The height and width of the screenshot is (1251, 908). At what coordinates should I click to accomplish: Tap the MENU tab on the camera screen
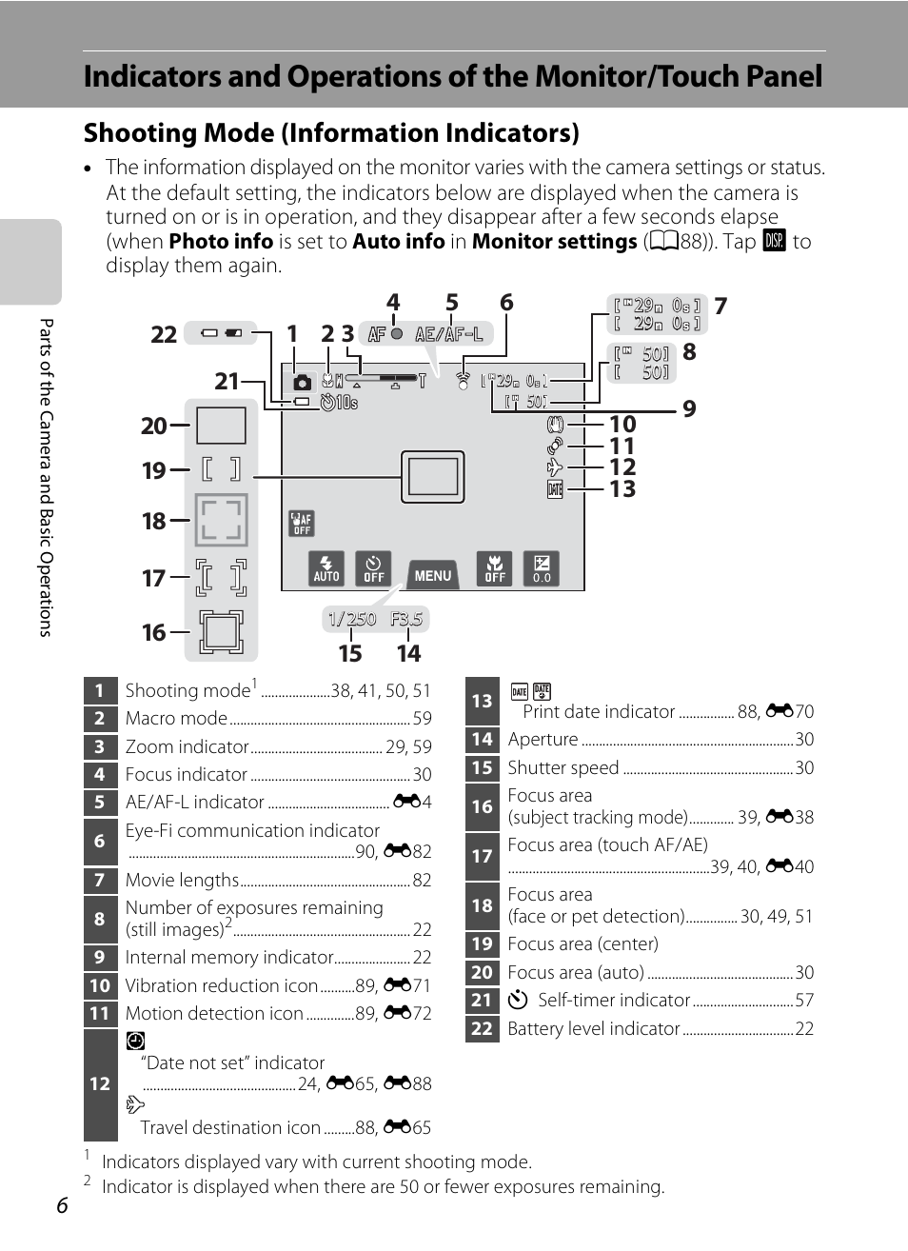pyautogui.click(x=433, y=575)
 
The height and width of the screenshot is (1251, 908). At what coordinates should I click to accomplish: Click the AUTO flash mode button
pyautogui.click(x=326, y=568)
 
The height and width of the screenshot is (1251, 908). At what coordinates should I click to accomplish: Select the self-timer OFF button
pyautogui.click(x=374, y=568)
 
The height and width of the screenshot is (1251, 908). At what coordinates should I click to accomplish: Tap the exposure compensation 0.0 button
pyautogui.click(x=542, y=568)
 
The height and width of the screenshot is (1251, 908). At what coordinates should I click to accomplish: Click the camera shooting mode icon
pyautogui.click(x=302, y=382)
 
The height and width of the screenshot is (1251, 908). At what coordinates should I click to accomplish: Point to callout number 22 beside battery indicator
pyautogui.click(x=164, y=334)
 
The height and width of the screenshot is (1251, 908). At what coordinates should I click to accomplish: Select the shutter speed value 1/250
pyautogui.click(x=351, y=619)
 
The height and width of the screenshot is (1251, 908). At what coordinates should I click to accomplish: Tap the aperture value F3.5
pyautogui.click(x=406, y=619)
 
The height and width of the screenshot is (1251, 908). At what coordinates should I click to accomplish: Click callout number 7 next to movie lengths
pyautogui.click(x=720, y=306)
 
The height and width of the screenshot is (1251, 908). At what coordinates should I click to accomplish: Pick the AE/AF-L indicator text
pyautogui.click(x=449, y=334)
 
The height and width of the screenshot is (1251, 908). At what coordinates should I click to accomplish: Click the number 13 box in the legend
pyautogui.click(x=483, y=701)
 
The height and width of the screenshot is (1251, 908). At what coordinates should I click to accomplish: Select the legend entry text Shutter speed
pyautogui.click(x=563, y=767)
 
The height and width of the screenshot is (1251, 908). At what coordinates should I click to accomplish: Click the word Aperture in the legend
pyautogui.click(x=543, y=739)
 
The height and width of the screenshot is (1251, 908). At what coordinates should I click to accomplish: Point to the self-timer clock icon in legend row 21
pyautogui.click(x=518, y=1000)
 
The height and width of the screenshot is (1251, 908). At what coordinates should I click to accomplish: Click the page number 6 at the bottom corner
pyautogui.click(x=62, y=1205)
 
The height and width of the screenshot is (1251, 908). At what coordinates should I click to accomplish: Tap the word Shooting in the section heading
pyautogui.click(x=146, y=133)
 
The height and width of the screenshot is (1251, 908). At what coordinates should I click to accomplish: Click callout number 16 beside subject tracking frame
pyautogui.click(x=153, y=632)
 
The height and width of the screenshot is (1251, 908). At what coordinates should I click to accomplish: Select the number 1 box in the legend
pyautogui.click(x=99, y=690)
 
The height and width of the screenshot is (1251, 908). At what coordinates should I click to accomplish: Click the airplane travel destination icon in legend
pyautogui.click(x=135, y=1104)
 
